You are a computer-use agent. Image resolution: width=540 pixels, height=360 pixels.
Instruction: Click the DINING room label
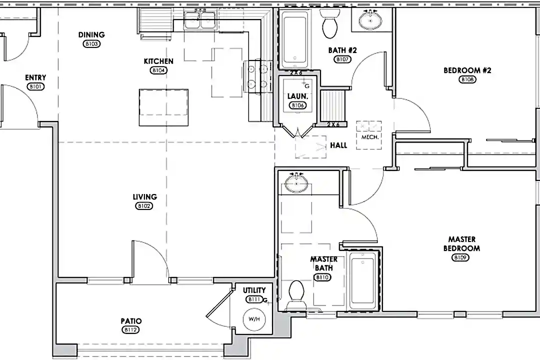point(91,35)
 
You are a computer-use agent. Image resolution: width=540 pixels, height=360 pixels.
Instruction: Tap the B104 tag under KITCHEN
point(158,70)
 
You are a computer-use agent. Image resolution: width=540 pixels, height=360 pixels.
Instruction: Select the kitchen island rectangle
point(163,107)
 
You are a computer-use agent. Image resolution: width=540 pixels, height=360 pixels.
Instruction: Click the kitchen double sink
point(200,21)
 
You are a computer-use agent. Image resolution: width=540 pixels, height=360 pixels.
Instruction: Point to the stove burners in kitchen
point(256,76)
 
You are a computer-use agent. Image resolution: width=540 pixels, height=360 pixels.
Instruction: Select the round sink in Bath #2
point(370,20)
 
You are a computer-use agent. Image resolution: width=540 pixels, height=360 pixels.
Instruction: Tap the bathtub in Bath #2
point(295,40)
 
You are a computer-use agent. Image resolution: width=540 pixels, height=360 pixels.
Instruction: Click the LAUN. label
point(297,96)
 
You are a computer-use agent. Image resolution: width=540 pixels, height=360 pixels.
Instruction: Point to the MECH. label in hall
point(369,137)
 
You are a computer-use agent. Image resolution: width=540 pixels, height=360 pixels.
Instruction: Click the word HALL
point(338,146)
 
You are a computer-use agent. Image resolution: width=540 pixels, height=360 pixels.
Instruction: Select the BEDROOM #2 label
point(467,70)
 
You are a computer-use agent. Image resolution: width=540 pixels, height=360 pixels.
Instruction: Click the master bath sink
point(296,183)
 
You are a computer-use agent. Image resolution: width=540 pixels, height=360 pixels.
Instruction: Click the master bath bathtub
point(362,280)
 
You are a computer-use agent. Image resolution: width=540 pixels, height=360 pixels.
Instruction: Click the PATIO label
point(130,321)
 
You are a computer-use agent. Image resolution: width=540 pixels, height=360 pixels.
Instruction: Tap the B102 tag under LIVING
point(144,206)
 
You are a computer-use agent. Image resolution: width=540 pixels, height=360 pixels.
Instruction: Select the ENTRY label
point(35,78)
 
